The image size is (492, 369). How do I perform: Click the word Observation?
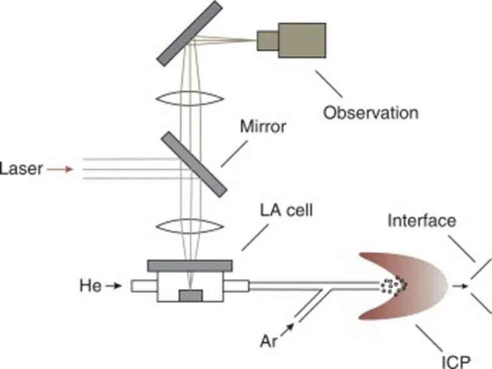pos(371,113)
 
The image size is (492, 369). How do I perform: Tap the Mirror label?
pos(263,126)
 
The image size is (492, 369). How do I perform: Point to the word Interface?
pos(422,221)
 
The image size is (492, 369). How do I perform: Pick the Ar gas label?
pos(271,342)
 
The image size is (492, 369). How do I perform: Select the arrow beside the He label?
pos(114,286)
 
